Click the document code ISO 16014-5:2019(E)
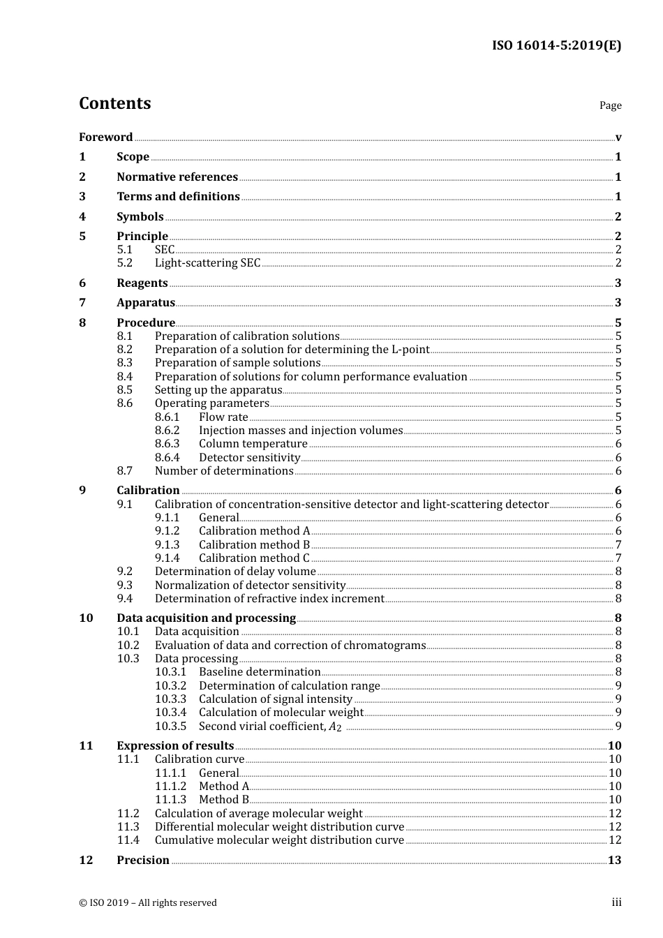[x=556, y=46]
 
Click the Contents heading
[x=114, y=103]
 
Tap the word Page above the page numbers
[x=610, y=105]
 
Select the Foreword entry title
[x=105, y=137]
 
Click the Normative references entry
[x=177, y=177]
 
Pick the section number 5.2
[x=124, y=263]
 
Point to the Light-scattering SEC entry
[x=207, y=263]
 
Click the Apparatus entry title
[x=146, y=303]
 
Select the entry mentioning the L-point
[x=292, y=350]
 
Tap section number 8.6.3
[x=167, y=444]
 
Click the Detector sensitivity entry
[x=249, y=458]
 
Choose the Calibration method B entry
[x=254, y=545]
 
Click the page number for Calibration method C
[x=618, y=558]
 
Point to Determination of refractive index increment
[x=269, y=599]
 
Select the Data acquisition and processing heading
[x=206, y=618]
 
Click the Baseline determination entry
[x=260, y=672]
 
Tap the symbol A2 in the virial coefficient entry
[x=335, y=727]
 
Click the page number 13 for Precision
[x=614, y=861]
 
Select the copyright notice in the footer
[x=148, y=903]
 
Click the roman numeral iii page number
[x=616, y=902]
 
